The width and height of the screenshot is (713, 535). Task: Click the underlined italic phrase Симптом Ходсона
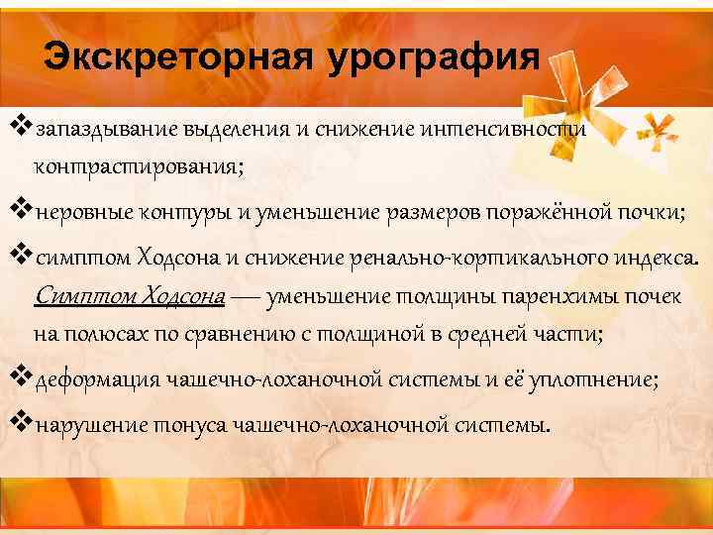coord(130,295)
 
